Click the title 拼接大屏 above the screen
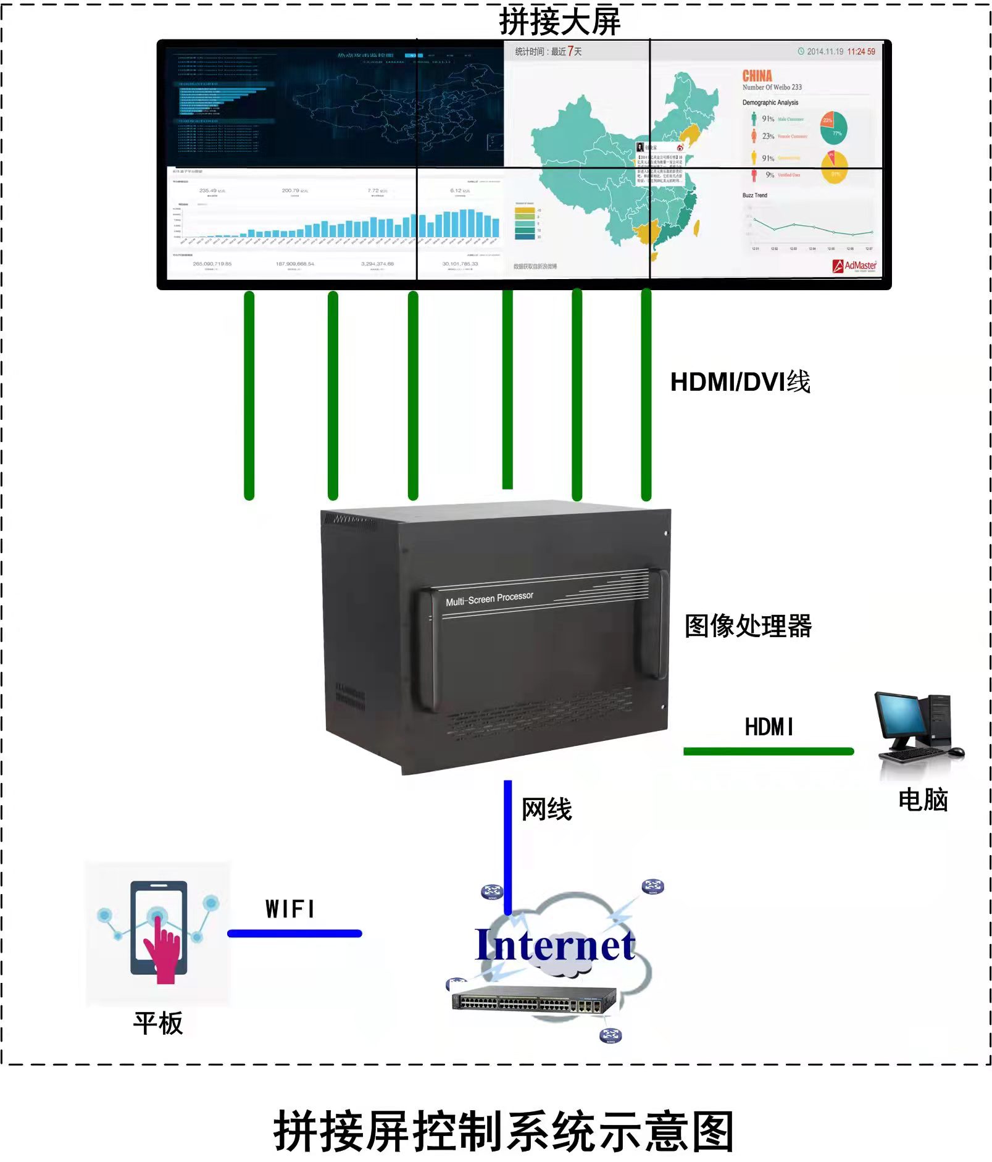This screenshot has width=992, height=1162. pyautogui.click(x=559, y=22)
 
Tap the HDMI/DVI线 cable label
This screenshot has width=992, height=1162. pyautogui.click(x=740, y=382)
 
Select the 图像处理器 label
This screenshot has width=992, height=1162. pyautogui.click(x=748, y=625)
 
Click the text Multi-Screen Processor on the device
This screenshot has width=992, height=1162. pyautogui.click(x=490, y=598)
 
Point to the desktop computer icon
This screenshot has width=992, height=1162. pyautogui.click(x=918, y=727)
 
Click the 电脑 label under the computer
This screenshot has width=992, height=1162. pyautogui.click(x=922, y=800)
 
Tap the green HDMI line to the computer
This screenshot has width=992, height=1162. pyautogui.click(x=768, y=751)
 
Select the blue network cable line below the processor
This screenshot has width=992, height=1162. pyautogui.click(x=507, y=846)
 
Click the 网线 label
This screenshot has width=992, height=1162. pyautogui.click(x=546, y=809)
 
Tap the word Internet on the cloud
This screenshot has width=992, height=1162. pyautogui.click(x=555, y=945)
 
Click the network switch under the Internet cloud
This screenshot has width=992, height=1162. pyautogui.click(x=534, y=998)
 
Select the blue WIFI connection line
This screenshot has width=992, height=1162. pyautogui.click(x=294, y=933)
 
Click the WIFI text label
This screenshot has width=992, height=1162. pyautogui.click(x=290, y=909)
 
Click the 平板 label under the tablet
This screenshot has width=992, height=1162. pyautogui.click(x=158, y=1023)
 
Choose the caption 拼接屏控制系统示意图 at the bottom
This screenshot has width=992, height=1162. pyautogui.click(x=503, y=1131)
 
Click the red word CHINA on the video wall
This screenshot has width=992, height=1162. pyautogui.click(x=757, y=76)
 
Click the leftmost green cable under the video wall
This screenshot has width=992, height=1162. pyautogui.click(x=249, y=395)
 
